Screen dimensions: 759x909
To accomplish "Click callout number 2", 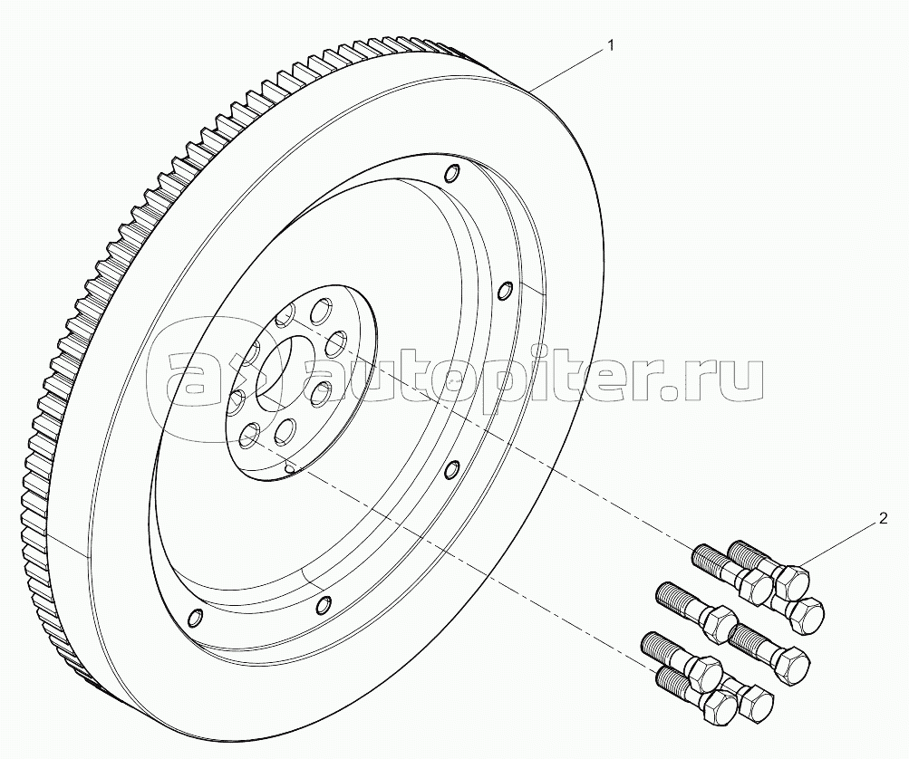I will (881, 520).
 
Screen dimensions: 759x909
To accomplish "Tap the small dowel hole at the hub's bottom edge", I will (289, 467).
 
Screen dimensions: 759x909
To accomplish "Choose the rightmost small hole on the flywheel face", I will (506, 291).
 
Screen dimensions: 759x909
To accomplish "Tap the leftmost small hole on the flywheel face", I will (192, 618).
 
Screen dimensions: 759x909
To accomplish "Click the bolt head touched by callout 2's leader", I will (792, 578).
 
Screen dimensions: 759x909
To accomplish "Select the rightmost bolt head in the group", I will (803, 616).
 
